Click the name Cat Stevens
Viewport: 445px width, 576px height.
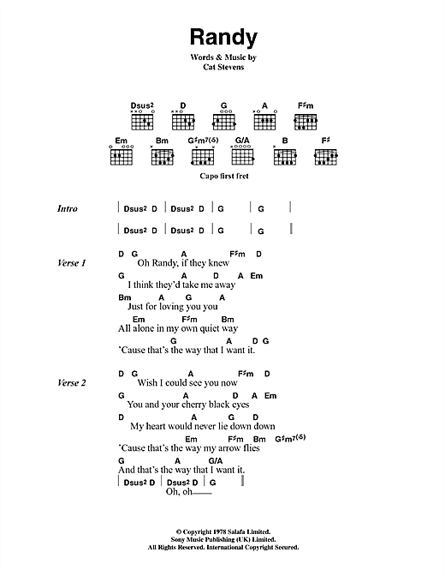click(x=223, y=67)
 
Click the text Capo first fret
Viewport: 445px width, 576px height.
click(x=224, y=176)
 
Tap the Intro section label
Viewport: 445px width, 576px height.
click(x=68, y=208)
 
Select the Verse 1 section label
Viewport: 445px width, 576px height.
click(x=72, y=263)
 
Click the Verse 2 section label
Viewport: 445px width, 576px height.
click(x=72, y=383)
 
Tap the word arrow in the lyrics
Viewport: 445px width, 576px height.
click(x=227, y=448)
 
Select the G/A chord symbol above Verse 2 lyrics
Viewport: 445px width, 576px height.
click(x=216, y=460)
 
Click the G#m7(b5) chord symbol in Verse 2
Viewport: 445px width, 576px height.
click(x=290, y=438)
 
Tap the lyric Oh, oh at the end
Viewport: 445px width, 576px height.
click(x=179, y=491)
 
